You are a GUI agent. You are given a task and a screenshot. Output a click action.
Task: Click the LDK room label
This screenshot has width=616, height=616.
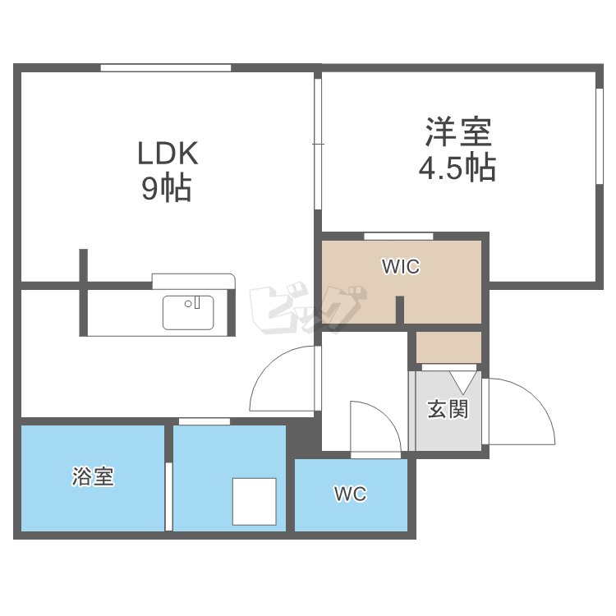pos(168,154)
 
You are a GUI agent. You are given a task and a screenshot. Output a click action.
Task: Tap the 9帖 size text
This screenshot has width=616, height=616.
pos(167,190)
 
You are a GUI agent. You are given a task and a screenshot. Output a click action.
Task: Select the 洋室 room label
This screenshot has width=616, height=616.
pos(457,132)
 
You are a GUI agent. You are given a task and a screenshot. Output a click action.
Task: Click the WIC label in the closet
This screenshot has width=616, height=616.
pos(401,267)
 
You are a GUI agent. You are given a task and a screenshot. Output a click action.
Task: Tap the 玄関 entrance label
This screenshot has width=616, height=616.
pos(448,408)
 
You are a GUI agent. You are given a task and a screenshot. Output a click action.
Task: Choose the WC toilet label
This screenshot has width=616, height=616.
pos(350,494)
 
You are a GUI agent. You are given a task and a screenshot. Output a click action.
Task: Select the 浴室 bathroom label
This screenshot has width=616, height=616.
pos(93,476)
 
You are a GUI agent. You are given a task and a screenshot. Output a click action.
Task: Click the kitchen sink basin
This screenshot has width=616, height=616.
pos(188,313)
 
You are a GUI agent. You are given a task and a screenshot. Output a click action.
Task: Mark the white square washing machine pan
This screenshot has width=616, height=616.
pos(254,501)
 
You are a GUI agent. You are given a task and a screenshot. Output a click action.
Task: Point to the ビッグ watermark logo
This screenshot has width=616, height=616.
pos(306,310)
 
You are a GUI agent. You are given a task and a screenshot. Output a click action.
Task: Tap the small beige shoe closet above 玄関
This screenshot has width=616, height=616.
pos(448,347)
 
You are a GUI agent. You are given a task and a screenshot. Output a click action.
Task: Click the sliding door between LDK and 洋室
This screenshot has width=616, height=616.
pos(318,144)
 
